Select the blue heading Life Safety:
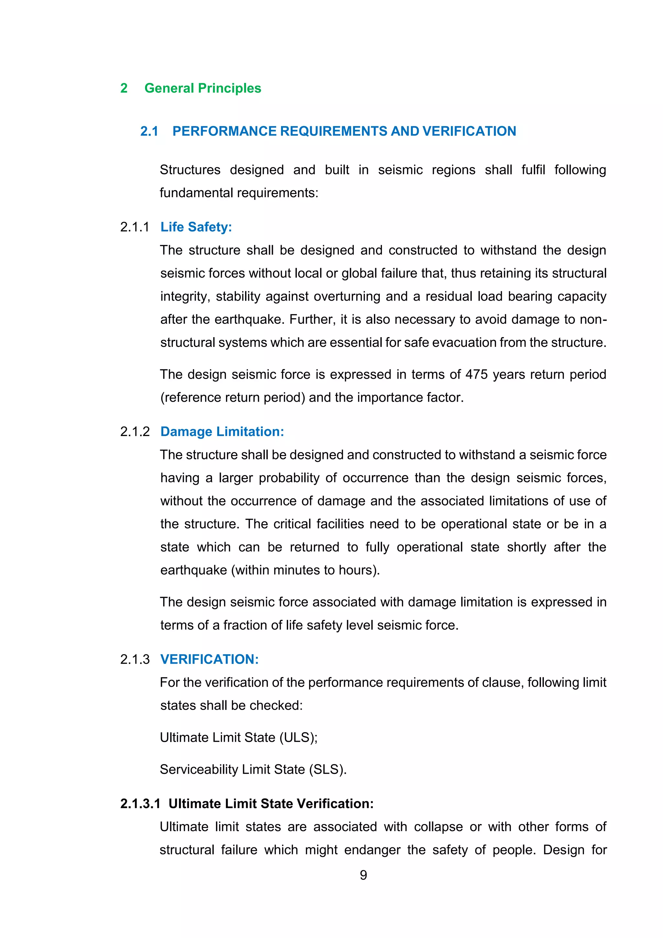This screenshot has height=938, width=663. pos(196,227)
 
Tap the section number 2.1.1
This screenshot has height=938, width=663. pos(135,227)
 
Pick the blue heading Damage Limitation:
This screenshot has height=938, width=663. pos(222,431)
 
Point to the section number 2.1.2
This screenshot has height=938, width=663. pos(135,431)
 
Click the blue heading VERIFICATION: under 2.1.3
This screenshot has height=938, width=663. pos(209,659)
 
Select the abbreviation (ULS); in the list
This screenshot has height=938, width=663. pos(298,738)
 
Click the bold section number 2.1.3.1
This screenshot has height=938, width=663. pos(140,804)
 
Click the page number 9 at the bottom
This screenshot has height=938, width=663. pos(363,875)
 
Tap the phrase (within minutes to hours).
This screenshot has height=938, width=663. pos(305,570)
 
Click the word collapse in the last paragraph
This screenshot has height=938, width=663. pos(438,827)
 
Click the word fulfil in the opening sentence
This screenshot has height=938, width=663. pos(533,170)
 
